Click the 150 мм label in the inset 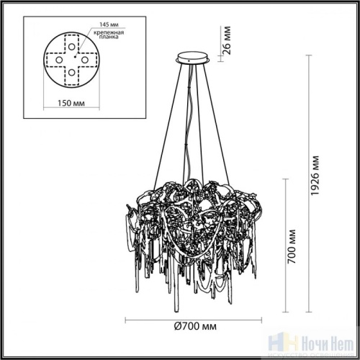click(67, 102)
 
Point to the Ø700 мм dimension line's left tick click(127, 320)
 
